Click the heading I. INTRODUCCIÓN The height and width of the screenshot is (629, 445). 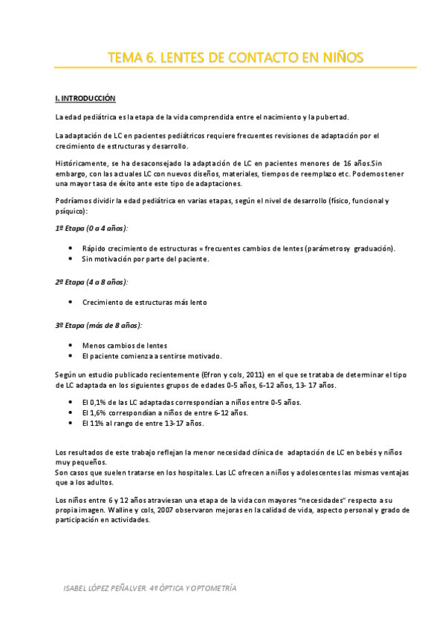[x=85, y=98]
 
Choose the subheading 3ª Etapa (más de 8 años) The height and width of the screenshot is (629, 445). [x=99, y=325]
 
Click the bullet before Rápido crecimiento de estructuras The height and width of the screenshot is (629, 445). [x=70, y=248]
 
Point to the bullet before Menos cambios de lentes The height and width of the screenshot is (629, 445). [x=70, y=346]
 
